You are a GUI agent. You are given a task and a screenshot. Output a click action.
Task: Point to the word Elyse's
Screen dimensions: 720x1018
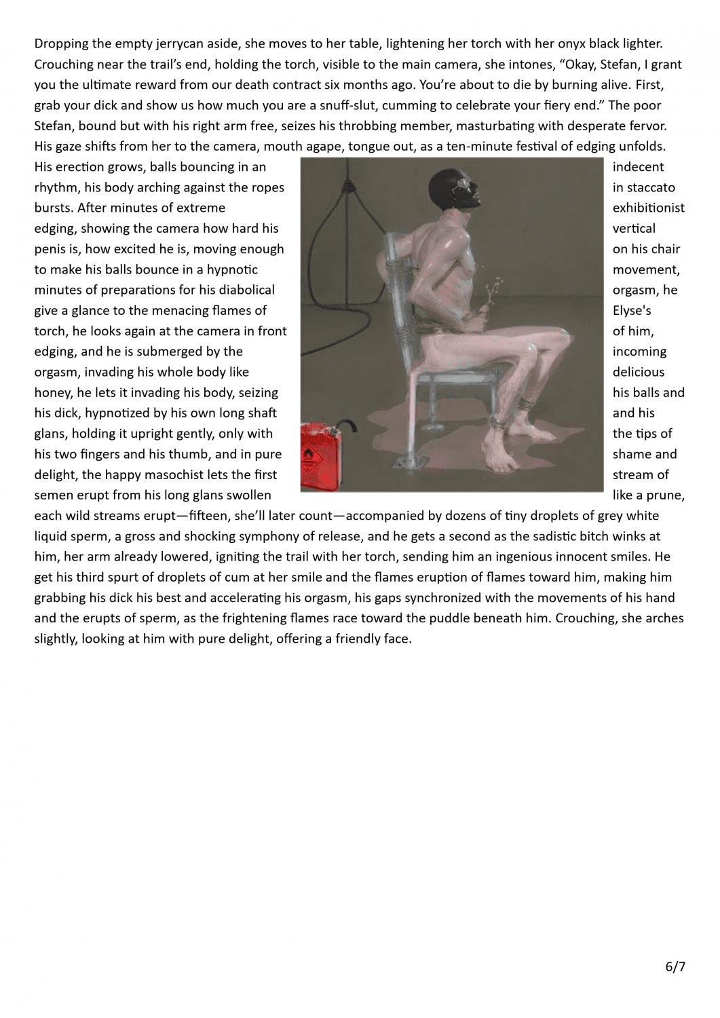click(633, 311)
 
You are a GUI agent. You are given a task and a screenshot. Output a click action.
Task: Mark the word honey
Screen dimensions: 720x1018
click(53, 393)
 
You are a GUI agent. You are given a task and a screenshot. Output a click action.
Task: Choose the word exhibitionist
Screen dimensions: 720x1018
click(648, 208)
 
